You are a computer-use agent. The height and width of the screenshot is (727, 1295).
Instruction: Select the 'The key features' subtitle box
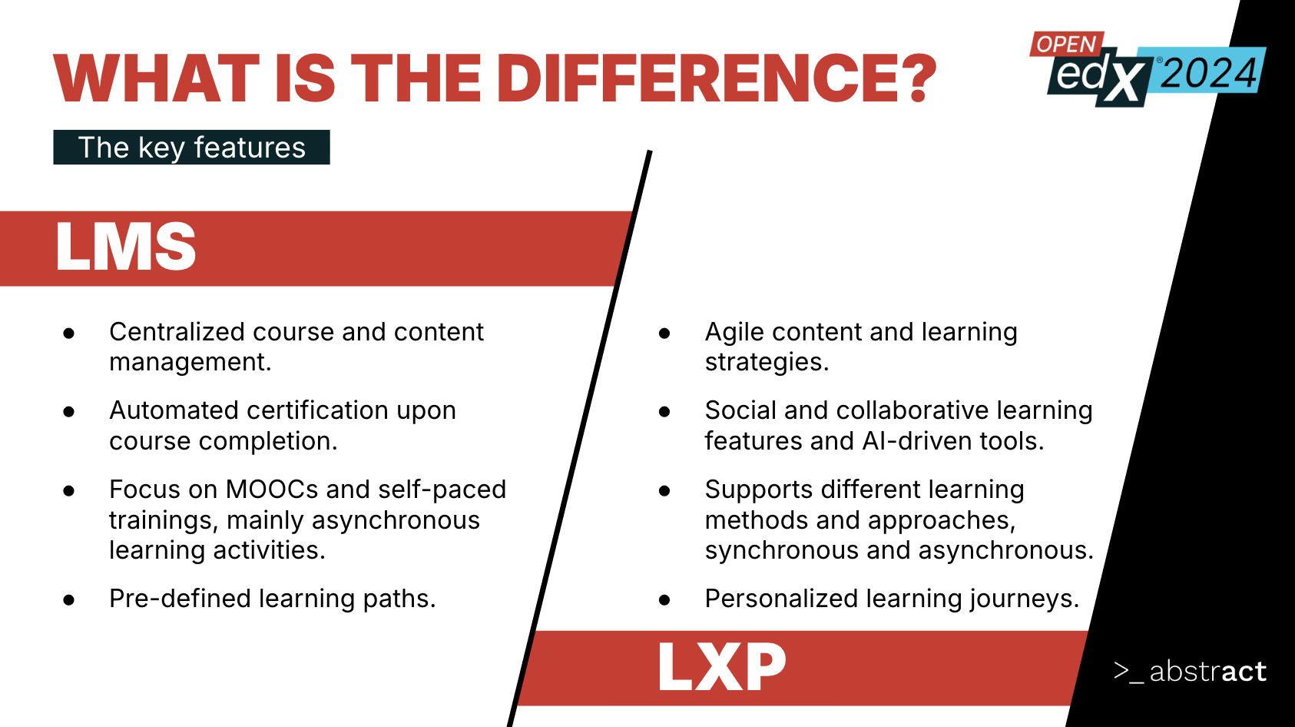pyautogui.click(x=191, y=148)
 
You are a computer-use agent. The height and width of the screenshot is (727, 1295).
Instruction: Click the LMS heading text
pyautogui.click(x=126, y=247)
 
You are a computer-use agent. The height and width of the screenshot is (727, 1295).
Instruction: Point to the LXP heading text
pyautogui.click(x=722, y=667)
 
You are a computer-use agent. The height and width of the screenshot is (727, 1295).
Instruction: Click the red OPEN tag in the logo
pyautogui.click(x=1066, y=44)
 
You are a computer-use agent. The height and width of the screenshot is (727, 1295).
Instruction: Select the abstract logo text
pyautogui.click(x=1207, y=672)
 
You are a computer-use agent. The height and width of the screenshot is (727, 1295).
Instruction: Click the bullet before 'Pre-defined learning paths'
pyautogui.click(x=69, y=600)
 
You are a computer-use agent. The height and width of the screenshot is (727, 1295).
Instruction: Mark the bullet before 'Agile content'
pyautogui.click(x=664, y=334)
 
